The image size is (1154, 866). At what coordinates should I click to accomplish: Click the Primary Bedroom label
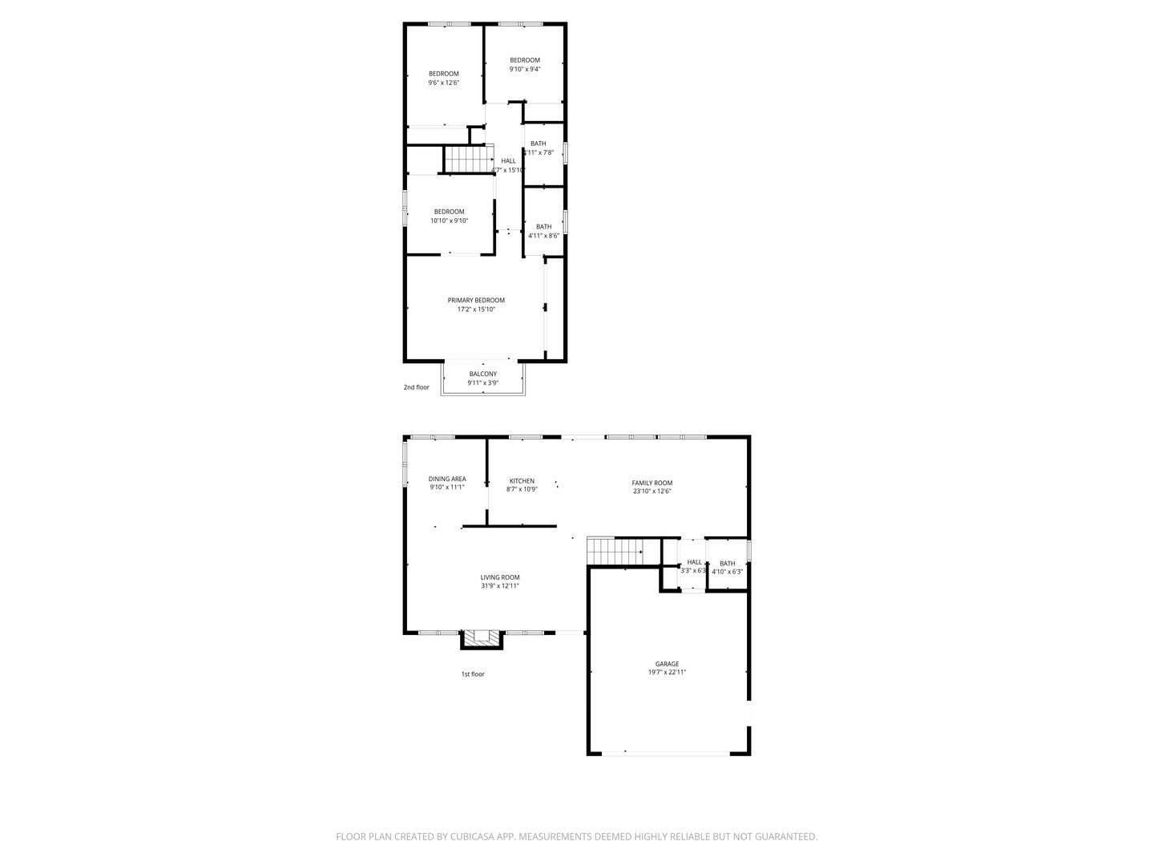[476, 301]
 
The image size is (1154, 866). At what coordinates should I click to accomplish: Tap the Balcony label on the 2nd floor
[482, 374]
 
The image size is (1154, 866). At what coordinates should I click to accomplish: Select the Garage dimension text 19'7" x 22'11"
[667, 674]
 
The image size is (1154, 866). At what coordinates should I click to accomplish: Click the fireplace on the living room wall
[482, 638]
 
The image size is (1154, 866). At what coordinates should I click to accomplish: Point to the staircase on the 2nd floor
[466, 160]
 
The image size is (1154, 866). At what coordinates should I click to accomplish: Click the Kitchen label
[521, 481]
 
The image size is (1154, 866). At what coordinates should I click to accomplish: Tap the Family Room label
[652, 483]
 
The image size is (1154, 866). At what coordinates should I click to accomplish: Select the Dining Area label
[446, 479]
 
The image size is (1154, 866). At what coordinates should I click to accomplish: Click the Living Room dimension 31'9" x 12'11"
[500, 586]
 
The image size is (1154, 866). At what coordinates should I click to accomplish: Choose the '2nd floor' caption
[416, 387]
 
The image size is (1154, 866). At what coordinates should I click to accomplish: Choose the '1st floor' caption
[472, 674]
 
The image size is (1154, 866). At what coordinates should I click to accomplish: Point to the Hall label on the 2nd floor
[508, 161]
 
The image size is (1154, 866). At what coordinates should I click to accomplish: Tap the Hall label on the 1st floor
[694, 562]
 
